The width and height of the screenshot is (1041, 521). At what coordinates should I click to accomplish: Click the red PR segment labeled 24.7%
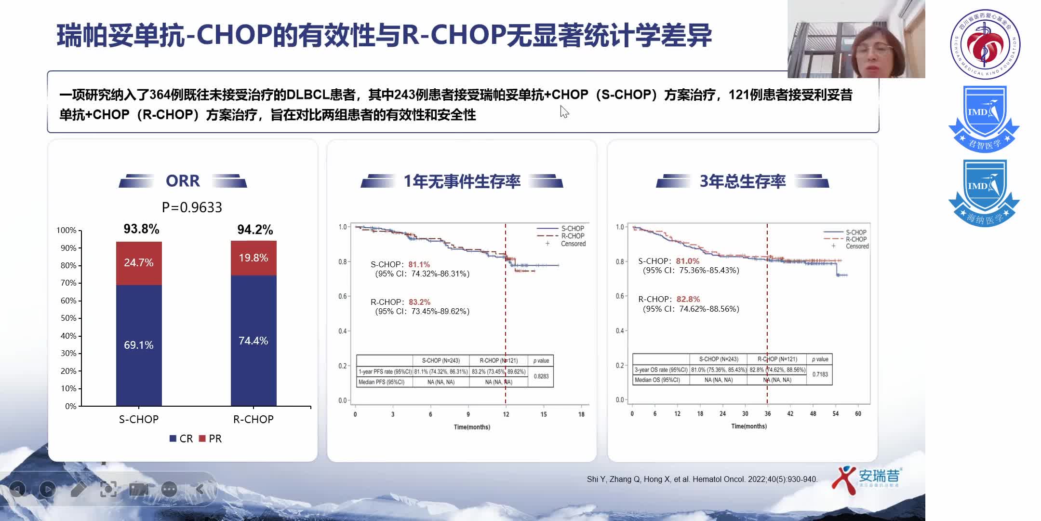click(x=139, y=263)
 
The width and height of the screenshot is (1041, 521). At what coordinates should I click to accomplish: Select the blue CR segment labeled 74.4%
click(x=254, y=341)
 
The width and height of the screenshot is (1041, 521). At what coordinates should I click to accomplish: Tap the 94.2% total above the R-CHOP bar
click(x=255, y=230)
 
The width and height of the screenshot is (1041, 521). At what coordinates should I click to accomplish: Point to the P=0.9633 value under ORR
click(x=192, y=207)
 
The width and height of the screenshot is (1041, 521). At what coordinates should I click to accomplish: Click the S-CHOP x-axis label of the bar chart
click(x=139, y=419)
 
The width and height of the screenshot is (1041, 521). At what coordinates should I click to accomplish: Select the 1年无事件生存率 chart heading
click(x=462, y=181)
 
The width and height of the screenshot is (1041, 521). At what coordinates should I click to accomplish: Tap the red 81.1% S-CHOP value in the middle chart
click(x=419, y=264)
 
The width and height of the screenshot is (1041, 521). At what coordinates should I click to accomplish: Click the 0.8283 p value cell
click(x=541, y=376)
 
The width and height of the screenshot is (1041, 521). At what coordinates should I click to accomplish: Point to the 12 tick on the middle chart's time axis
click(x=506, y=414)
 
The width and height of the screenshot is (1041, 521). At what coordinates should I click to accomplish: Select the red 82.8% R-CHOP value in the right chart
click(x=688, y=299)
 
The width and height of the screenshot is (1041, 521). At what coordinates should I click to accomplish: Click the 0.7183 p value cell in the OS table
click(x=820, y=374)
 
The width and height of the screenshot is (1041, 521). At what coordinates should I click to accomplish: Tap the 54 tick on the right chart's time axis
click(x=835, y=413)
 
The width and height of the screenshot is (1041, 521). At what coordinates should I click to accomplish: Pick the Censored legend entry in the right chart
click(x=856, y=246)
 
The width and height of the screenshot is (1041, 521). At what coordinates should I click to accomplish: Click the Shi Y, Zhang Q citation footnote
click(x=702, y=479)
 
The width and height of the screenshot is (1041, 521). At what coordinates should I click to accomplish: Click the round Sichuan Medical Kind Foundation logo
click(x=985, y=44)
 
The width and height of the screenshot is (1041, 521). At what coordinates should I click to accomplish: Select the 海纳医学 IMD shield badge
click(x=984, y=193)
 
